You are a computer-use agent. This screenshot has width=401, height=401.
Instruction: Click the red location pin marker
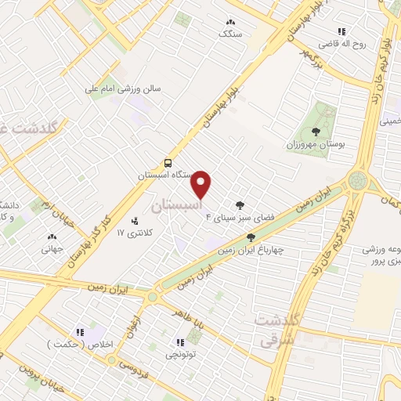[202, 185]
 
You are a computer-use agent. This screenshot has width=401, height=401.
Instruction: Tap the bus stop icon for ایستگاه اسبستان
[168, 164]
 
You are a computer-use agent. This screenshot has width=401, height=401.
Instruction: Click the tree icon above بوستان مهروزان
[316, 132]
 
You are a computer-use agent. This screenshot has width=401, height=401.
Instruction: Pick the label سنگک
[230, 35]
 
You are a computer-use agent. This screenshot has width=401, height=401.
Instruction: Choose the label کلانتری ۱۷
[132, 233]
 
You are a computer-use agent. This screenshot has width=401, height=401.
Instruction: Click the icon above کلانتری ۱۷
[135, 221]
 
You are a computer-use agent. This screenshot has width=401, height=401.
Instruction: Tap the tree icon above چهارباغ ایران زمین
[251, 237]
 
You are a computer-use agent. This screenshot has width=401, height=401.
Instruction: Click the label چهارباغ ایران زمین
[250, 251]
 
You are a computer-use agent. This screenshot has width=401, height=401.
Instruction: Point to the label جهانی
[52, 250]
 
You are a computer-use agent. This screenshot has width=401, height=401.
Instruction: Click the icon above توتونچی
[180, 342]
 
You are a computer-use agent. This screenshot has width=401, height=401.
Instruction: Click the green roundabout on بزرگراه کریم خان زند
[359, 181]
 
